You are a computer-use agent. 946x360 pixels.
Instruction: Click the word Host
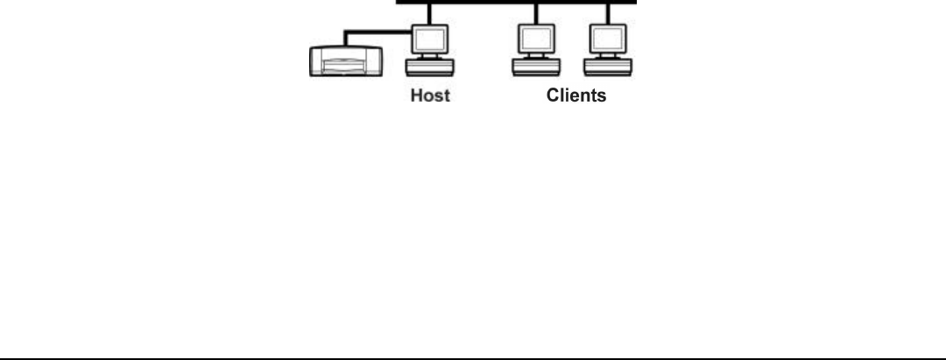point(431,96)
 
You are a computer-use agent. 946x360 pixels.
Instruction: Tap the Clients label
point(570,96)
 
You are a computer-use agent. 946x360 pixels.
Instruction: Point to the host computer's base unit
point(430,67)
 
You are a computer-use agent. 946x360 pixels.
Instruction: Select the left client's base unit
point(535,67)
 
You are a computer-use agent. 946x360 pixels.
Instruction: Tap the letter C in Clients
point(543,96)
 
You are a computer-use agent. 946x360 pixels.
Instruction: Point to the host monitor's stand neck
point(430,58)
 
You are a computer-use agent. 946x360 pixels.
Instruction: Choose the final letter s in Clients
point(600,96)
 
